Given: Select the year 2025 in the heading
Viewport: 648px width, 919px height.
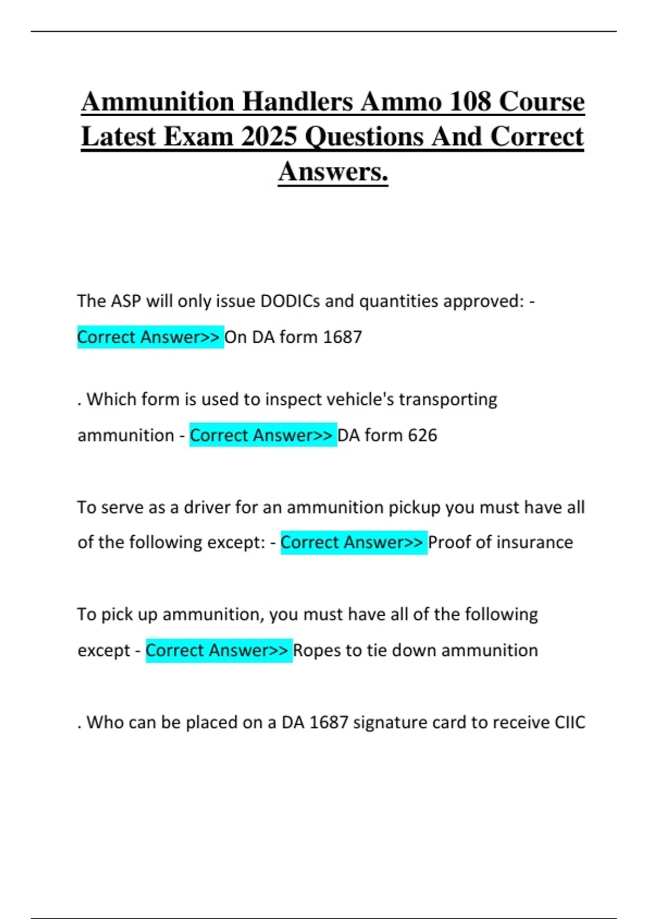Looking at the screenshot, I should point(269,136).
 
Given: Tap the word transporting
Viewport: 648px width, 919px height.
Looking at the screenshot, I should point(448,399).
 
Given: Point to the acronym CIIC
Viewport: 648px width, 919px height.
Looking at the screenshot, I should point(570,722).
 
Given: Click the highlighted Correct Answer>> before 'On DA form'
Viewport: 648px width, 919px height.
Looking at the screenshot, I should point(150,337).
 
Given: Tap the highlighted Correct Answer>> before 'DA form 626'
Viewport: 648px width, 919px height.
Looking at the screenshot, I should point(262,435).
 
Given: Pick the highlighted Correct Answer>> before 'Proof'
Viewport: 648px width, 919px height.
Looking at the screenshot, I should point(353,542).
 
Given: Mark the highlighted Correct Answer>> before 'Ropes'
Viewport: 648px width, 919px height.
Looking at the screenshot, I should point(218,650).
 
